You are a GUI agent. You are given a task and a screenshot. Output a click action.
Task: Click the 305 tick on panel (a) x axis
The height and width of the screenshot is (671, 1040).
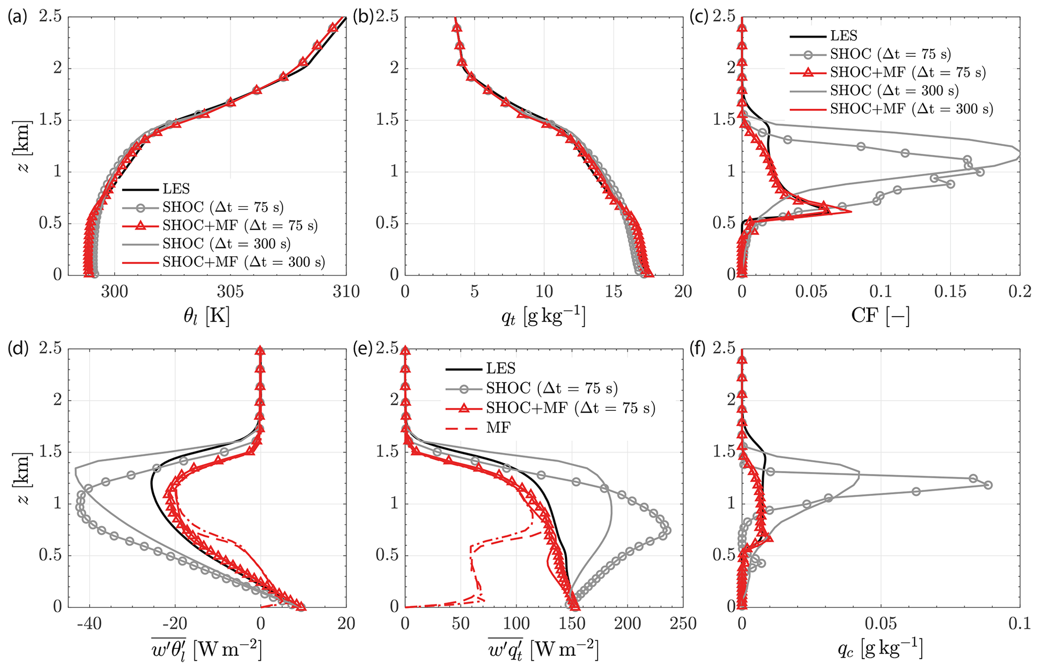pyautogui.click(x=230, y=291)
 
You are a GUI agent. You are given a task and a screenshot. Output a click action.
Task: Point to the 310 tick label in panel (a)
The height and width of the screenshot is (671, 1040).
pyautogui.click(x=346, y=291)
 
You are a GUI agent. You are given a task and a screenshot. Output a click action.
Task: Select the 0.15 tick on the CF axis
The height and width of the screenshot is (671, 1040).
pyautogui.click(x=949, y=291)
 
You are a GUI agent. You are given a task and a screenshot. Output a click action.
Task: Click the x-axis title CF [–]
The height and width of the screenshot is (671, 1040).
pyautogui.click(x=880, y=316)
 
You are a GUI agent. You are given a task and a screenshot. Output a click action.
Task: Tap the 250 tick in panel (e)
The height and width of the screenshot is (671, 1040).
pyautogui.click(x=683, y=624)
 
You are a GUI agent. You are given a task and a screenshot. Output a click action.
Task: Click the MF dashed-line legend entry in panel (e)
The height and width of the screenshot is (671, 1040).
pyautogui.click(x=498, y=427)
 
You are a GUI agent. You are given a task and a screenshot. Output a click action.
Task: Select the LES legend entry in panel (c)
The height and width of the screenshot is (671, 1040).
pyautogui.click(x=843, y=36)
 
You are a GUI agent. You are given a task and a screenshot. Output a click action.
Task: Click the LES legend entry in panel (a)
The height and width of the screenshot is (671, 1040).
pyautogui.click(x=176, y=189)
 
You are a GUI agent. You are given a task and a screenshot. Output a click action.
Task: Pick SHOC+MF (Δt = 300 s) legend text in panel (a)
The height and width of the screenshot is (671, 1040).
pyautogui.click(x=244, y=262)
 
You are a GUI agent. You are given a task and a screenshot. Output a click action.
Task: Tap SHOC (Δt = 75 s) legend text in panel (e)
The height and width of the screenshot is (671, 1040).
pyautogui.click(x=551, y=388)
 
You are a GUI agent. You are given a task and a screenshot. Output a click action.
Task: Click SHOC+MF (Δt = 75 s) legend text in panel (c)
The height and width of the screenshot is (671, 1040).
pyautogui.click(x=908, y=72)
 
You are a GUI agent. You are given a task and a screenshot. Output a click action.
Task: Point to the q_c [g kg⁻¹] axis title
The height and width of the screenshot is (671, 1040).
pyautogui.click(x=880, y=650)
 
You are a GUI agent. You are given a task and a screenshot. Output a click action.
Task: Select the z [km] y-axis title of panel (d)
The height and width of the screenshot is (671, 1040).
pyautogui.click(x=23, y=478)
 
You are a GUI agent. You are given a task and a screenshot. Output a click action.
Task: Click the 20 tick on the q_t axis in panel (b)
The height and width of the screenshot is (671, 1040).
pyautogui.click(x=683, y=291)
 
